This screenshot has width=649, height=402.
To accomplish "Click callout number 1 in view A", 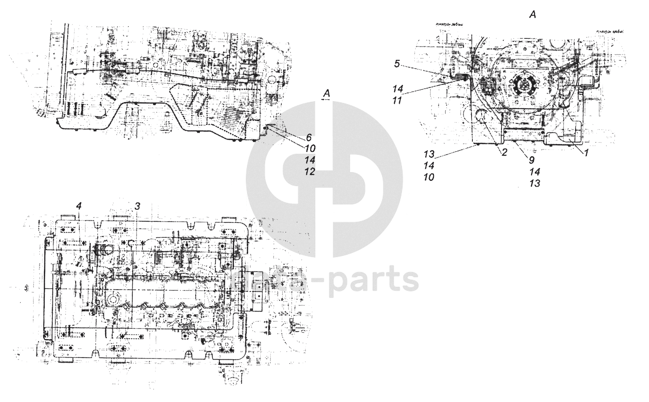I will [x=586, y=154].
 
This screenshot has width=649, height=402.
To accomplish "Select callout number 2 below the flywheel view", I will [x=504, y=152].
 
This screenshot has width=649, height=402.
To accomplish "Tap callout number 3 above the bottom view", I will [x=137, y=206].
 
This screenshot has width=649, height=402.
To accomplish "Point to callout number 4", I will [x=79, y=206].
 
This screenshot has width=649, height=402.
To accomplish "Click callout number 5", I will [x=397, y=64].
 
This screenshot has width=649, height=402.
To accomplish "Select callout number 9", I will [x=532, y=160].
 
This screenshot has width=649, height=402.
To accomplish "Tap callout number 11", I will [x=398, y=100].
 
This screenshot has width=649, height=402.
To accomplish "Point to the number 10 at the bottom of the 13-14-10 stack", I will [x=428, y=177].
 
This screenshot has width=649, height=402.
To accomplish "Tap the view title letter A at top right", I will [x=532, y=15].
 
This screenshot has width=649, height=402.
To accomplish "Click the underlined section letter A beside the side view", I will [x=325, y=94].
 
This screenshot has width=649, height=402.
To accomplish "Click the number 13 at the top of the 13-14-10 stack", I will [x=428, y=154].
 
